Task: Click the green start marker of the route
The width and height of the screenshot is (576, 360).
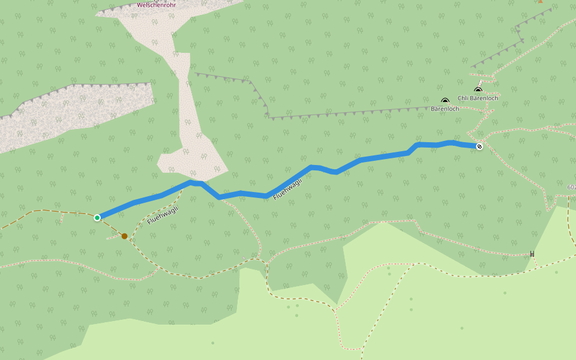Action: [97, 217]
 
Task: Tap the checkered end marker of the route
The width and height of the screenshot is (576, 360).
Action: [479, 146]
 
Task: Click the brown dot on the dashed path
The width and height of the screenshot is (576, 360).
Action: [124, 236]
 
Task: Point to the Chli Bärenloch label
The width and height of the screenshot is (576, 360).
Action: [478, 98]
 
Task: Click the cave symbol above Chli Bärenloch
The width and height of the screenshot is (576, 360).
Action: [478, 91]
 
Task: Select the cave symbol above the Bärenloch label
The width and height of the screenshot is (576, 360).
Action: [445, 101]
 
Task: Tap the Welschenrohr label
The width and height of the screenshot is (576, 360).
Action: [157, 5]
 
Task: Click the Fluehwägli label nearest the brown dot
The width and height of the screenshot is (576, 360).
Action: [163, 215]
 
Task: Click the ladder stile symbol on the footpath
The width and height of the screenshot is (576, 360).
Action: [532, 254]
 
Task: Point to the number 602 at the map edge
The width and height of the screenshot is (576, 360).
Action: [571, 187]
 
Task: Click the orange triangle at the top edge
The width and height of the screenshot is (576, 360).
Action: [540, 1]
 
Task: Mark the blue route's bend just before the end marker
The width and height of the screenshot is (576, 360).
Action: [451, 143]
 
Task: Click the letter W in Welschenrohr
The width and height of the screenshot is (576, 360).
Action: [140, 5]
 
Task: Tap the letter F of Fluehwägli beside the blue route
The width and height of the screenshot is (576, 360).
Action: [275, 197]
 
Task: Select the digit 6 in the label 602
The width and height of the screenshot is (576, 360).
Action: [568, 187]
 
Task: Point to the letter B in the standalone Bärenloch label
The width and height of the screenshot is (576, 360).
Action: [433, 109]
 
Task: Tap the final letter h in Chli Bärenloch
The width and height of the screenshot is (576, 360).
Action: [496, 98]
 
